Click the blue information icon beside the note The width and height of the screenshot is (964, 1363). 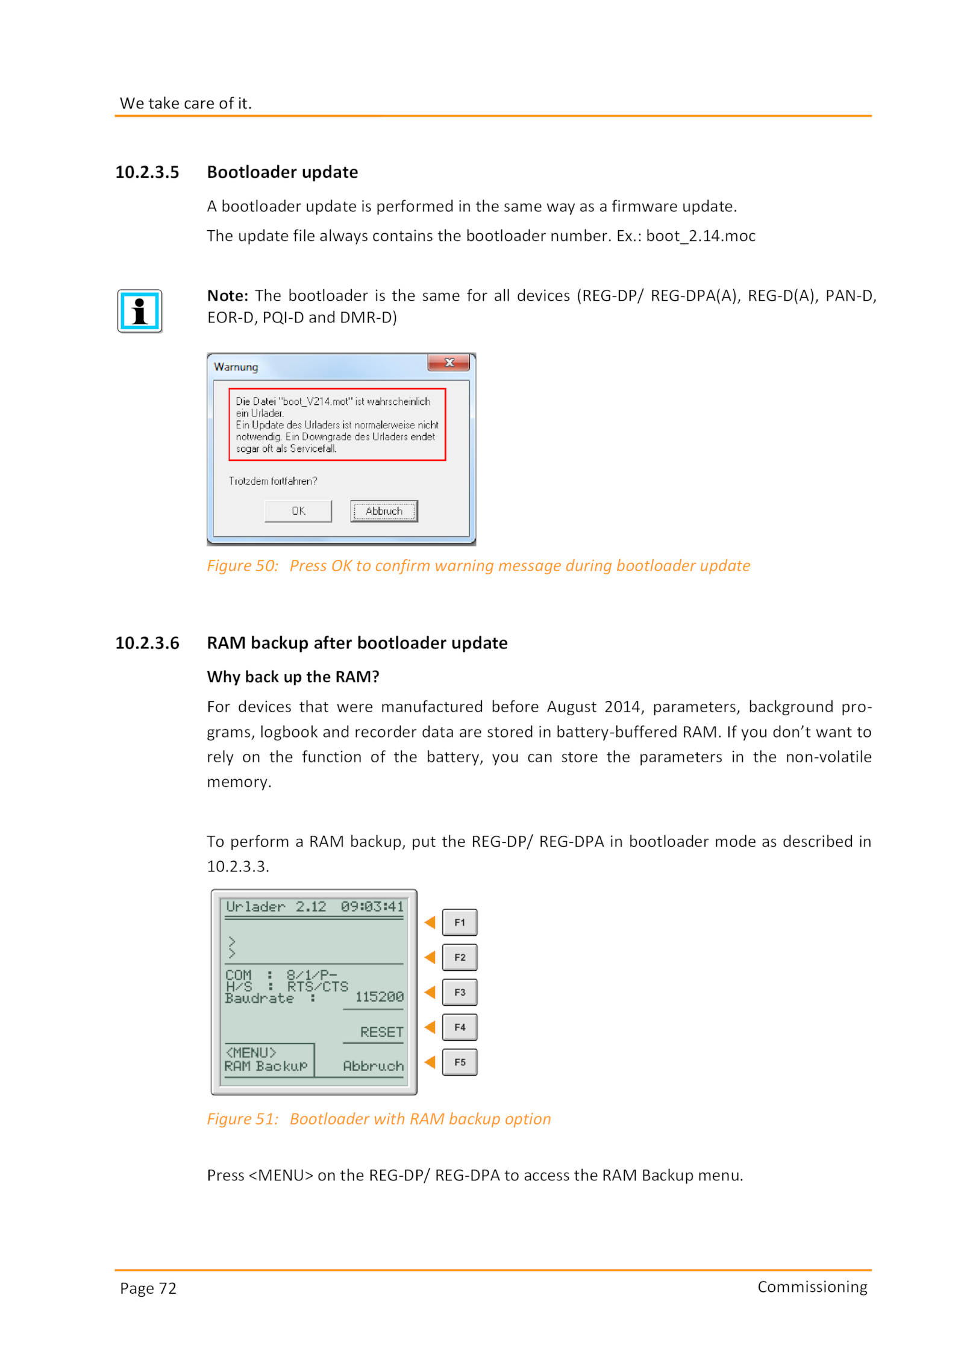(139, 311)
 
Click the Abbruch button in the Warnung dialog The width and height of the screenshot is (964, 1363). (384, 511)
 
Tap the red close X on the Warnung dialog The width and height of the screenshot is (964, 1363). (448, 363)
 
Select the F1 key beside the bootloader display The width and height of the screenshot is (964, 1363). (460, 923)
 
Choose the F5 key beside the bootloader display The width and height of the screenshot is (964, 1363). (460, 1062)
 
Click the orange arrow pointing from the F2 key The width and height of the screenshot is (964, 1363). (430, 957)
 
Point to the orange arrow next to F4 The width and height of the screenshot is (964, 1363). (430, 1027)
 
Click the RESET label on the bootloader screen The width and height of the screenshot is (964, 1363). (381, 1032)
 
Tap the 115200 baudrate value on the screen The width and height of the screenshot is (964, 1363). (379, 997)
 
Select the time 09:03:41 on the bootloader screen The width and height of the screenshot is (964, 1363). (372, 907)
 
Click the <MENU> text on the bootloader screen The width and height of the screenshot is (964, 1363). (251, 1053)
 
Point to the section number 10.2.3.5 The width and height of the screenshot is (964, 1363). (147, 172)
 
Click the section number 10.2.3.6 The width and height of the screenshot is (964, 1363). (147, 643)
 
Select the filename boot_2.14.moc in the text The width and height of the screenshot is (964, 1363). (700, 236)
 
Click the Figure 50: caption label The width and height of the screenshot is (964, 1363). (242, 566)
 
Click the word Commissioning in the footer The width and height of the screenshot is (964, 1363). (812, 1287)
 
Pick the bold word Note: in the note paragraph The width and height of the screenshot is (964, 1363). (227, 296)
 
